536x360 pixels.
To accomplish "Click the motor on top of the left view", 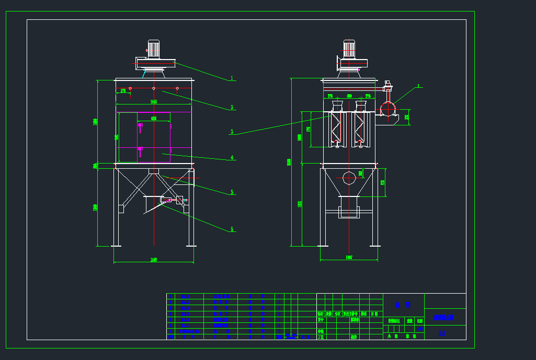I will point(153,49).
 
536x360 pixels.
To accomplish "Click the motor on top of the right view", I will point(349,49).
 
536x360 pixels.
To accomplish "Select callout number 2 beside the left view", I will point(232,108).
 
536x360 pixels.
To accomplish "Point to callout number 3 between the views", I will point(232,132).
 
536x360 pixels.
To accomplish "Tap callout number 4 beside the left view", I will point(232,157).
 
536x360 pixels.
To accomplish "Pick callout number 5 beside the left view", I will point(232,192).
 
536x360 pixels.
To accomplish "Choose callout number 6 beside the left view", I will point(232,229).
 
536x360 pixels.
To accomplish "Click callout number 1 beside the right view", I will point(418,86).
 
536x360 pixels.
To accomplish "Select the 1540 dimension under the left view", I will point(154,260).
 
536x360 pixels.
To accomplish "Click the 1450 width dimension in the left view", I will point(153,101).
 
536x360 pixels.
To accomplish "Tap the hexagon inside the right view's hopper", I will point(349,178).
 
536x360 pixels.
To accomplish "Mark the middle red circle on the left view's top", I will point(154,88).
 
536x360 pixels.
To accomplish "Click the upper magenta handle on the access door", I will point(140,125).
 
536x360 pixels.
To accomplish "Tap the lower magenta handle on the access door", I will point(140,149).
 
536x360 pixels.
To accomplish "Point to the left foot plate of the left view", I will point(116,245).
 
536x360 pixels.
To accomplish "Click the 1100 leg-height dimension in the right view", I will point(300,204).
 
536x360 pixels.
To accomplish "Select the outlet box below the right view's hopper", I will point(349,212).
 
